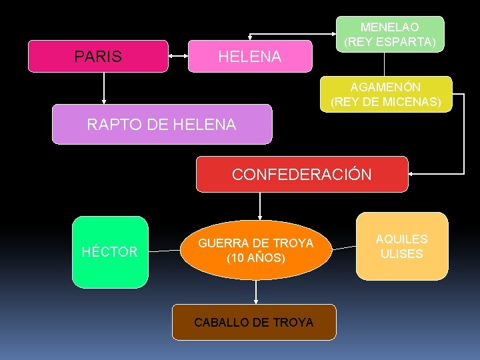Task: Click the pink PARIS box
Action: tap(97, 56)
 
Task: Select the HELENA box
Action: tap(250, 57)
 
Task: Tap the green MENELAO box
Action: tap(390, 34)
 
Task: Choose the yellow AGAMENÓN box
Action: tap(386, 94)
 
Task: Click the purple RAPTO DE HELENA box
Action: tap(162, 124)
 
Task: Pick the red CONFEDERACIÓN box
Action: tap(301, 175)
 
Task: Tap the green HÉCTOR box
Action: tap(109, 252)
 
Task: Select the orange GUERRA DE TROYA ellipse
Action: tap(255, 250)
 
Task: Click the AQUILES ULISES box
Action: tap(401, 246)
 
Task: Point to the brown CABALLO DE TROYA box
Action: tap(254, 322)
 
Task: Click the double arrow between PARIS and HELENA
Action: tap(178, 57)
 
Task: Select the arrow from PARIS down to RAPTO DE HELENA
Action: tap(104, 87)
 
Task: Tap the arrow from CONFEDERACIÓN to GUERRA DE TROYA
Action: tap(259, 206)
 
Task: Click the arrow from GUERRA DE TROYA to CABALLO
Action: tap(256, 291)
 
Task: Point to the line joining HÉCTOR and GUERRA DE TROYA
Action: tap(164, 252)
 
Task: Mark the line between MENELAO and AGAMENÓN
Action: tap(384, 64)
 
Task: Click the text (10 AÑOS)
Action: tap(255, 257)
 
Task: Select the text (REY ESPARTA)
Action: tap(390, 42)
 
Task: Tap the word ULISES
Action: tap(401, 254)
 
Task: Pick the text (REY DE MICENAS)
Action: tap(386, 102)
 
